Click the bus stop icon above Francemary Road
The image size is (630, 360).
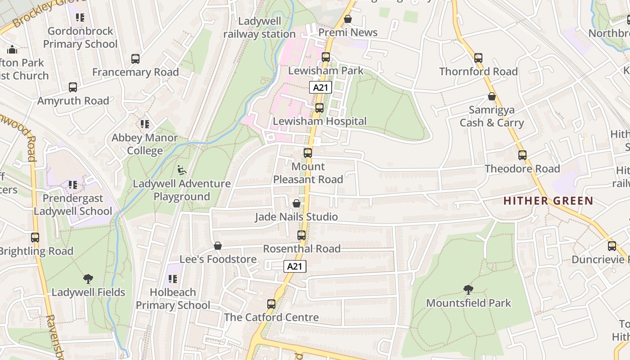coord(135,59)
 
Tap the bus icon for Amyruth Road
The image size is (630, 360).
coord(73,87)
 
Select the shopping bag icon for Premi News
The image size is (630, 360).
coord(347,19)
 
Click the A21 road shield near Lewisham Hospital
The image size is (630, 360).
coord(320,87)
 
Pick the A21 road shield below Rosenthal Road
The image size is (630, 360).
coord(295,266)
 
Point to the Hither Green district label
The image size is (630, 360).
coord(548,201)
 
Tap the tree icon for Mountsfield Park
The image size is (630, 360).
coord(468,290)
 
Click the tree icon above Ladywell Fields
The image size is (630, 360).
coord(88,279)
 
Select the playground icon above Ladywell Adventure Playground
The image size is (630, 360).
coord(182,170)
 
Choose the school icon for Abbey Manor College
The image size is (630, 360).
coord(144,124)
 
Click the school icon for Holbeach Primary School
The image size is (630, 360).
coord(173,279)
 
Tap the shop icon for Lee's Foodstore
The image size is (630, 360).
coord(218,246)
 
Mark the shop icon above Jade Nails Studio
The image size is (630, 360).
coord(297,203)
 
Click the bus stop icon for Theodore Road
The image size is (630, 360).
coord(522,155)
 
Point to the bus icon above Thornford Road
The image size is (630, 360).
coord(478,58)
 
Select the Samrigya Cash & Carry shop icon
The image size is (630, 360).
coord(492,96)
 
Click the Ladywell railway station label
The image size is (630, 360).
coord(259,27)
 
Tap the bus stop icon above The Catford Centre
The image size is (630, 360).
coord(271,304)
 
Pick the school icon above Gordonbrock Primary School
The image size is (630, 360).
coord(80,18)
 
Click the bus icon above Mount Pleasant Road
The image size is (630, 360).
coord(308,153)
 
